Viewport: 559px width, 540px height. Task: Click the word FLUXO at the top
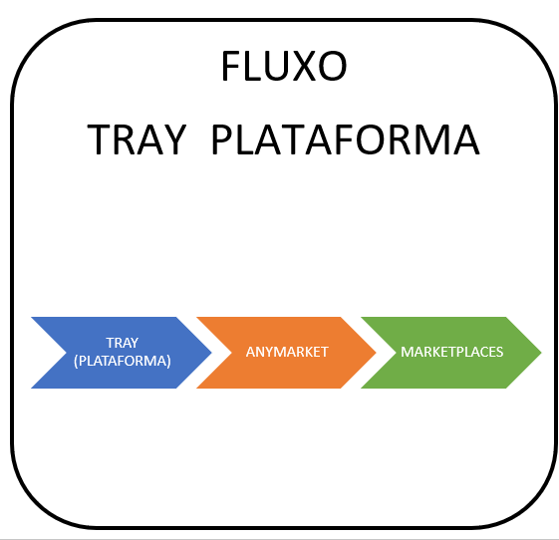tap(284, 66)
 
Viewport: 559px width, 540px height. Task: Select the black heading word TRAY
tap(137, 139)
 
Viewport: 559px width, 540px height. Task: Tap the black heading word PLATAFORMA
tap(346, 139)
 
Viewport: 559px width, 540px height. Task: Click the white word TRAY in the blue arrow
tap(123, 343)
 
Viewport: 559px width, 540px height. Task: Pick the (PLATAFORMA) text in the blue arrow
tap(123, 361)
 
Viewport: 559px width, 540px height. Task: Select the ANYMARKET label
tap(287, 352)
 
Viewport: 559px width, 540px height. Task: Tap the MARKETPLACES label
tap(451, 352)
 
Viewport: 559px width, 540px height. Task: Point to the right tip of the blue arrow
tap(212, 353)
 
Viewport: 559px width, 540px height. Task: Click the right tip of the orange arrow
tap(376, 353)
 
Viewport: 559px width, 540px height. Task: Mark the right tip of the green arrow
tap(541, 353)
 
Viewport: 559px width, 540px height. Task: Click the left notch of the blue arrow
tap(67, 353)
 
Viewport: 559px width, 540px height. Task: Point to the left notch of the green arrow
tap(396, 353)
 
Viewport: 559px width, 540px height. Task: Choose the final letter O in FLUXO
tap(331, 66)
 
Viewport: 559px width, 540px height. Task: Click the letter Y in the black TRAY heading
tap(173, 139)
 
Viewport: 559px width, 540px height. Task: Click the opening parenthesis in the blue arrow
tap(76, 361)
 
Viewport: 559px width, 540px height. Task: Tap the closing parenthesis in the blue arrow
tap(168, 361)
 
